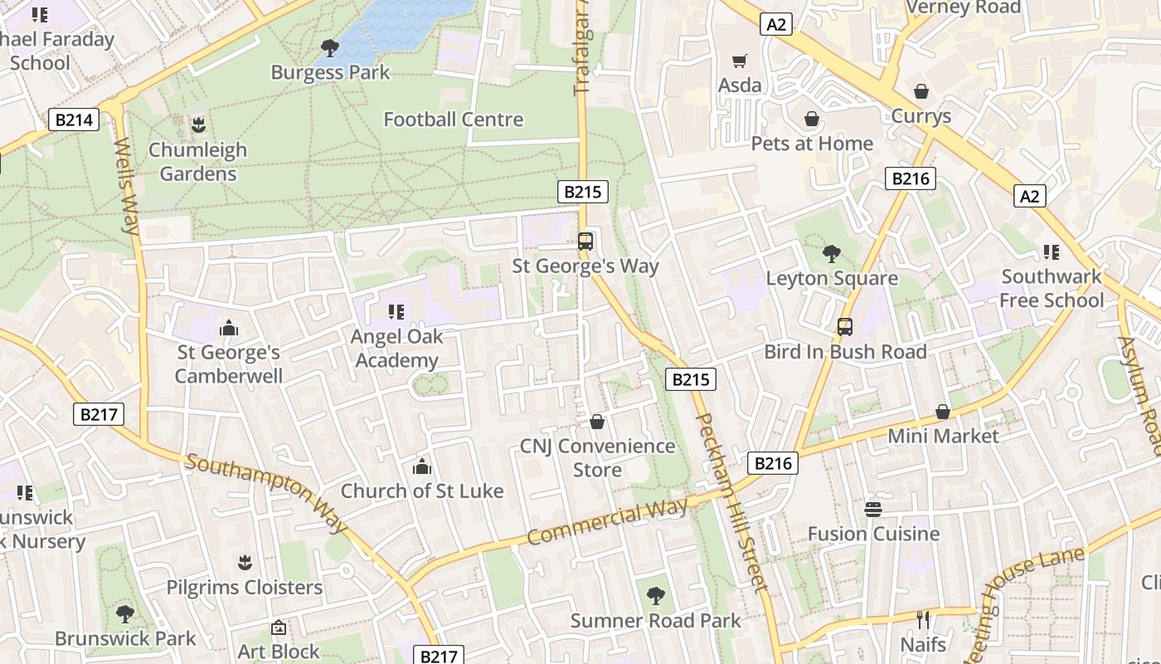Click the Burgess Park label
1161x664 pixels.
click(x=330, y=72)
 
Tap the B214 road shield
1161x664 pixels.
click(x=73, y=120)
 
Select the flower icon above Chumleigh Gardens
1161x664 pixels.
click(x=197, y=125)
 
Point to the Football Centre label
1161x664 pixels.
click(x=453, y=120)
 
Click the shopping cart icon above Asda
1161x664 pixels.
click(x=739, y=61)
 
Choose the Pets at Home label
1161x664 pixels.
click(x=812, y=144)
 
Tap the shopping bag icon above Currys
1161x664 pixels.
click(x=921, y=91)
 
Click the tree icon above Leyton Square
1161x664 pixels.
click(x=831, y=254)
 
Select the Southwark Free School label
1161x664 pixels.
click(x=1052, y=288)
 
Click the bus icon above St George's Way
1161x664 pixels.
click(x=585, y=242)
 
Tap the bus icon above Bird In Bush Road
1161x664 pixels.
click(x=845, y=327)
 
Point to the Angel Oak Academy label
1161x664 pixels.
click(x=396, y=349)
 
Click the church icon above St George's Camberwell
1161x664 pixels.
click(x=229, y=329)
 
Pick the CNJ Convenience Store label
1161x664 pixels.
click(x=597, y=458)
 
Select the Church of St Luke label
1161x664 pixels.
click(x=422, y=491)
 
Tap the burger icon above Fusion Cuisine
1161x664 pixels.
click(x=873, y=509)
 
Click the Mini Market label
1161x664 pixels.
click(x=943, y=436)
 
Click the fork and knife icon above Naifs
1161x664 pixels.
click(x=923, y=619)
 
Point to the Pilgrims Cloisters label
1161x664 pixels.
click(x=245, y=588)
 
